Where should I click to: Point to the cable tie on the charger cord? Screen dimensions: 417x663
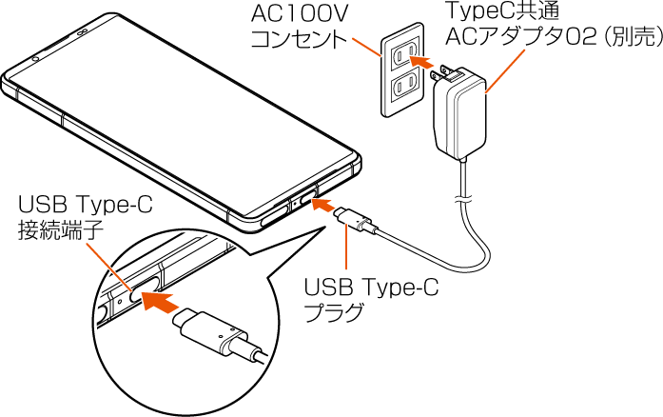(465, 199)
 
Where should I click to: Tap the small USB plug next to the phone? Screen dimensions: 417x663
(353, 222)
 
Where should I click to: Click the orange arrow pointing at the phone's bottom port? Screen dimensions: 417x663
(324, 204)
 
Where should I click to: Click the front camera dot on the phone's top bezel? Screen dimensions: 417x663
(35, 58)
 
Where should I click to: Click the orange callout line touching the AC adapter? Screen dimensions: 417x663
(504, 71)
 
